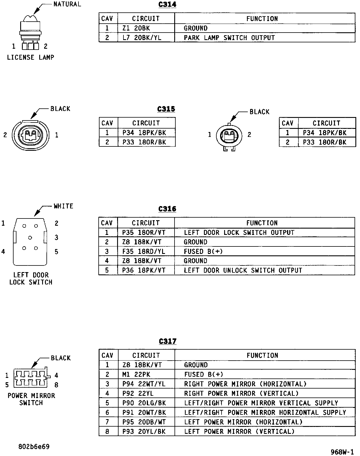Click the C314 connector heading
click(x=167, y=5)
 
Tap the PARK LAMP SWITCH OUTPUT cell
click(x=229, y=38)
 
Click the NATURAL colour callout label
click(x=67, y=4)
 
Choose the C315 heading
click(x=166, y=109)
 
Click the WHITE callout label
click(x=63, y=206)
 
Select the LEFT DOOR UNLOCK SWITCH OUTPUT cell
click(x=243, y=270)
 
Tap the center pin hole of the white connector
click(x=30, y=238)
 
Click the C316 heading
click(x=167, y=209)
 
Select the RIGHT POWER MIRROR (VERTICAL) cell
click(x=241, y=393)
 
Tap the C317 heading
click(x=168, y=341)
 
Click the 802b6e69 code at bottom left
click(x=34, y=447)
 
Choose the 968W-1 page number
click(x=342, y=452)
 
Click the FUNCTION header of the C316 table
click(x=262, y=223)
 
